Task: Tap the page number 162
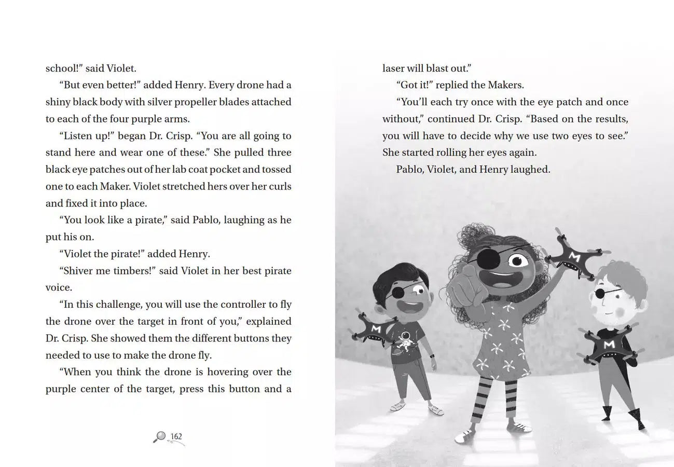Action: (x=176, y=436)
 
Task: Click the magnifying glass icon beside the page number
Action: (x=159, y=437)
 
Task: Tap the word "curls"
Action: (x=280, y=186)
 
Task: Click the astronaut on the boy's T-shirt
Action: (x=407, y=340)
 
